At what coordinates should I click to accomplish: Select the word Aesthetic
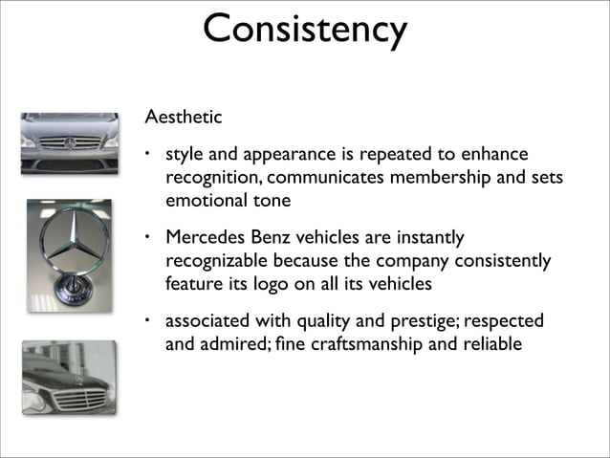click(x=183, y=118)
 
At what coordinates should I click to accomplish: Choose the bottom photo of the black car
click(x=69, y=377)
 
